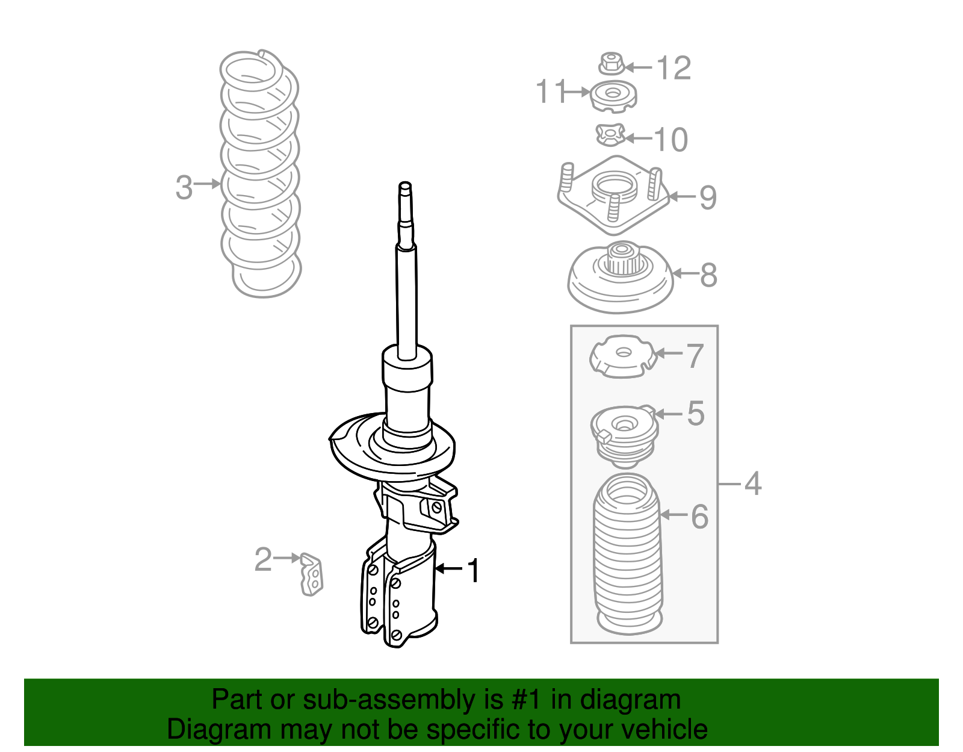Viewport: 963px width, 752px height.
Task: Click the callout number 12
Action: [x=673, y=68]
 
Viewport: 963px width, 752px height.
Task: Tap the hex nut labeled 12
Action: [x=611, y=63]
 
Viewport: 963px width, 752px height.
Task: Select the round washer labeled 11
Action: [x=613, y=96]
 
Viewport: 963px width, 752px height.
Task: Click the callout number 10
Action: [x=670, y=140]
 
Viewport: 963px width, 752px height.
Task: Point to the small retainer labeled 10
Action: [x=610, y=135]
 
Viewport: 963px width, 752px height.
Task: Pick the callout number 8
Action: [x=708, y=275]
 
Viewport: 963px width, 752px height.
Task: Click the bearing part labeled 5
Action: [x=624, y=435]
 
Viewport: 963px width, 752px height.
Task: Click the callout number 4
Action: [x=753, y=483]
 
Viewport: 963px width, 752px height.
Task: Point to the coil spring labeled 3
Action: [x=260, y=175]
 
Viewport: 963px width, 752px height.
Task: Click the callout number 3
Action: [x=184, y=187]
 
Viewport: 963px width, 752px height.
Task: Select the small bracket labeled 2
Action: [x=312, y=574]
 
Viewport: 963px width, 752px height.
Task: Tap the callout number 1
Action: [x=474, y=570]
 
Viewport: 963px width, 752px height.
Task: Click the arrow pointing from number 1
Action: [x=448, y=568]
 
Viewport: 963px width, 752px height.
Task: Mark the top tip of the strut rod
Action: [x=405, y=185]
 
